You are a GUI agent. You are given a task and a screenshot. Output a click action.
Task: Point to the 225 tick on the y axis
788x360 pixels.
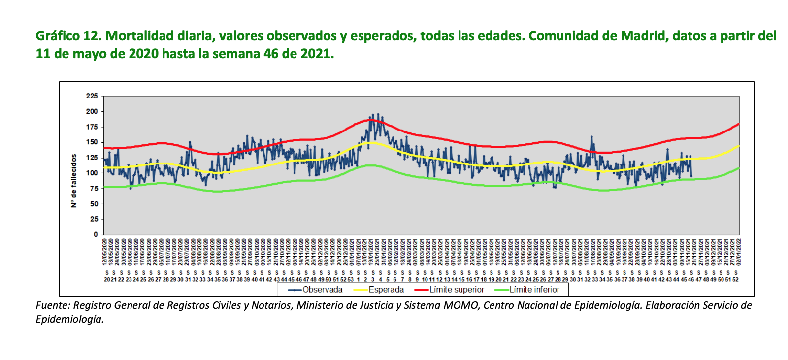click(x=92, y=96)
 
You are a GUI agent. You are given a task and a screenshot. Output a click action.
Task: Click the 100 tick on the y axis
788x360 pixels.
click(x=92, y=173)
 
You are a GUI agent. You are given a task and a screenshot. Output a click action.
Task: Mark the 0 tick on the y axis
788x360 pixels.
click(x=96, y=234)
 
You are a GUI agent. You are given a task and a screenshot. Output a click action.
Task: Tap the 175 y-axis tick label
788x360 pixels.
click(x=92, y=127)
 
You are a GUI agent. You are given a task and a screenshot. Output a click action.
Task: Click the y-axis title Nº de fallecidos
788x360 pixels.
click(x=74, y=181)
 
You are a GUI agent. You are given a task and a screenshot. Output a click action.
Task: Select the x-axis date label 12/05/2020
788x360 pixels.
click(x=105, y=252)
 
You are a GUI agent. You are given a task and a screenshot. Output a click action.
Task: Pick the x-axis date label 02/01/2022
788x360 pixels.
click(x=738, y=252)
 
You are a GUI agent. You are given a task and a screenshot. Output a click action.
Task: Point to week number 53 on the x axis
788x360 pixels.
click(x=351, y=279)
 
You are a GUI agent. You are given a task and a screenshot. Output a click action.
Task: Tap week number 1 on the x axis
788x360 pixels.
click(x=358, y=279)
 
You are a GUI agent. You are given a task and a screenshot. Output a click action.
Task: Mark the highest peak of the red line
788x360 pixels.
click(x=371, y=120)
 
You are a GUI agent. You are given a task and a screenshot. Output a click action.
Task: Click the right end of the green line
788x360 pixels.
click(x=739, y=168)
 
